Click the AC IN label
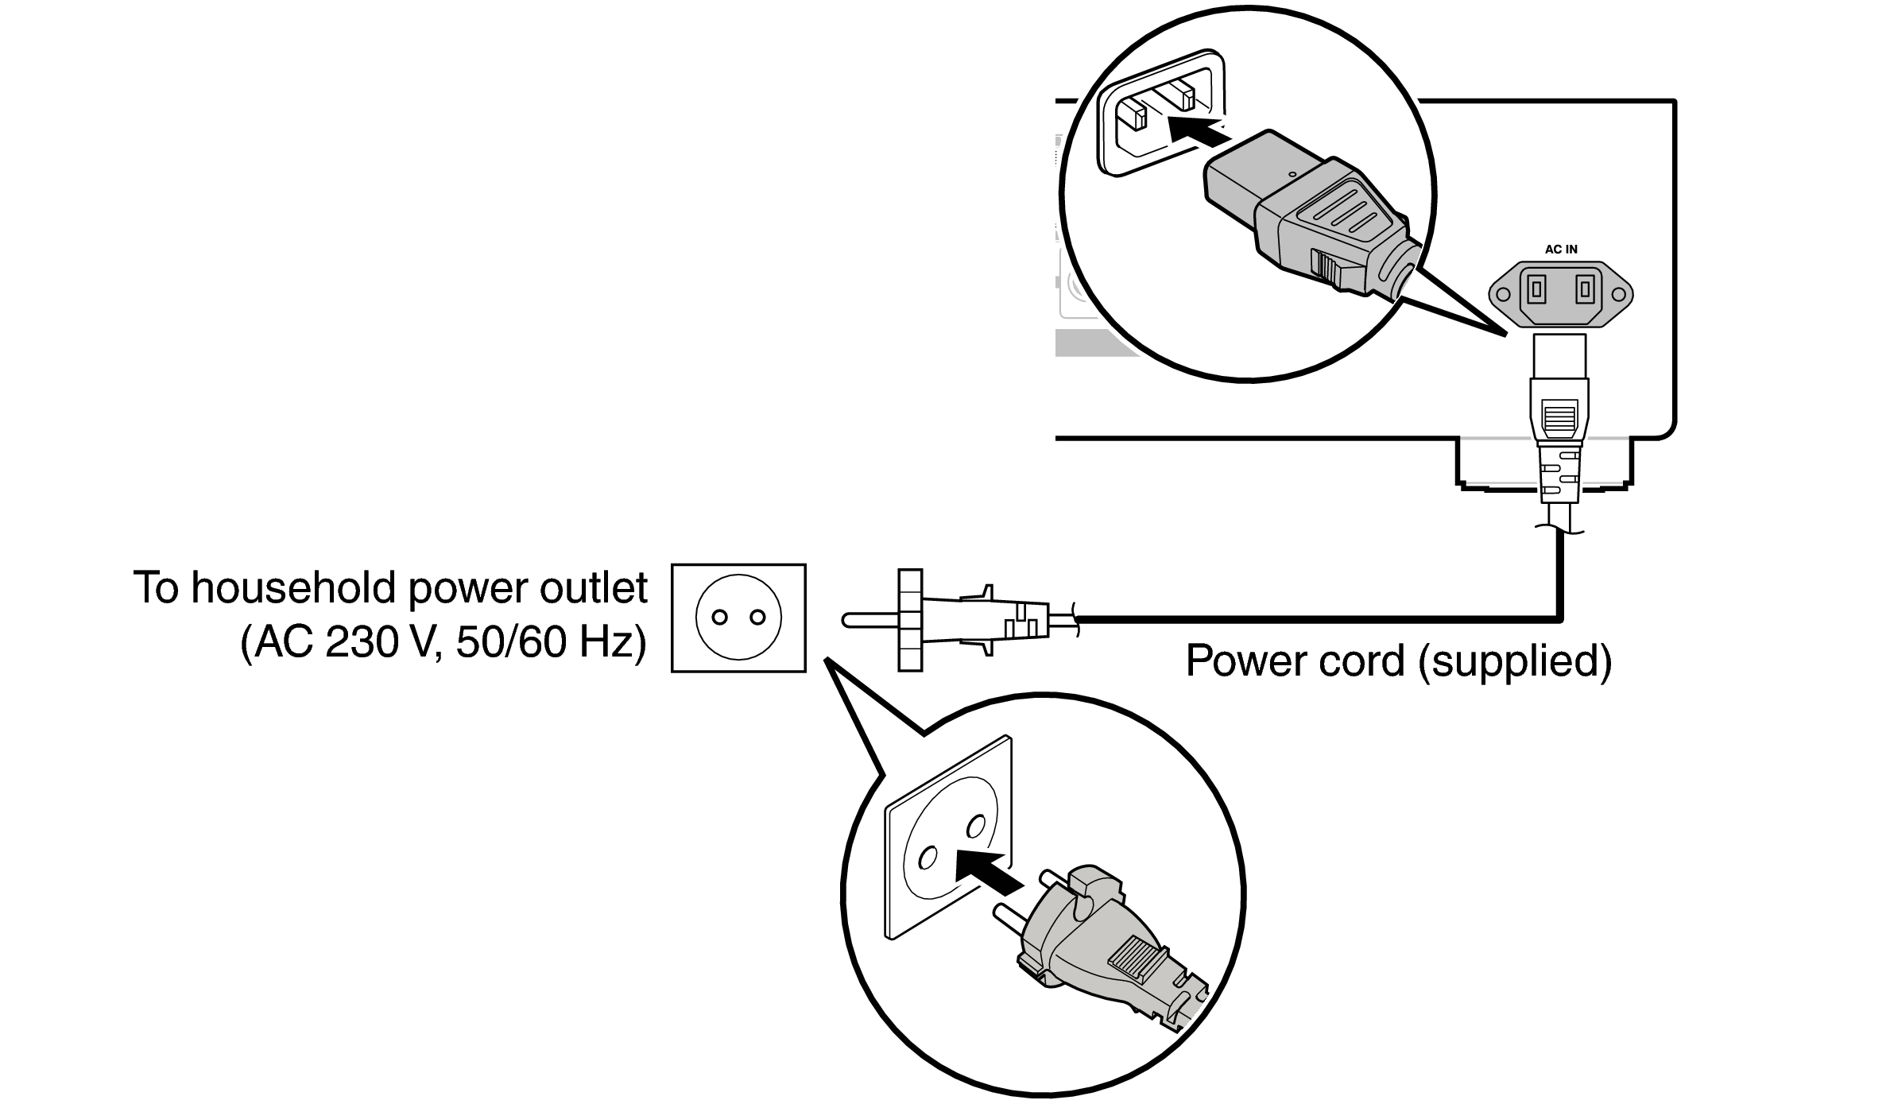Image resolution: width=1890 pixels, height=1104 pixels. point(1561,250)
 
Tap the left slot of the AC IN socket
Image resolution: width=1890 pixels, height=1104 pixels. point(1536,292)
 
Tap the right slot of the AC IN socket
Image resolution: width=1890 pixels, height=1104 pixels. point(1585,292)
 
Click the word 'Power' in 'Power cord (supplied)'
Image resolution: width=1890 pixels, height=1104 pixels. point(1245,660)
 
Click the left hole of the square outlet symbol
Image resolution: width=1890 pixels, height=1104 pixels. point(720,618)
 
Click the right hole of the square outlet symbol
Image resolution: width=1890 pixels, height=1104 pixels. point(757,618)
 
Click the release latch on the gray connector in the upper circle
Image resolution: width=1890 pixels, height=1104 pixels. point(1326,269)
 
